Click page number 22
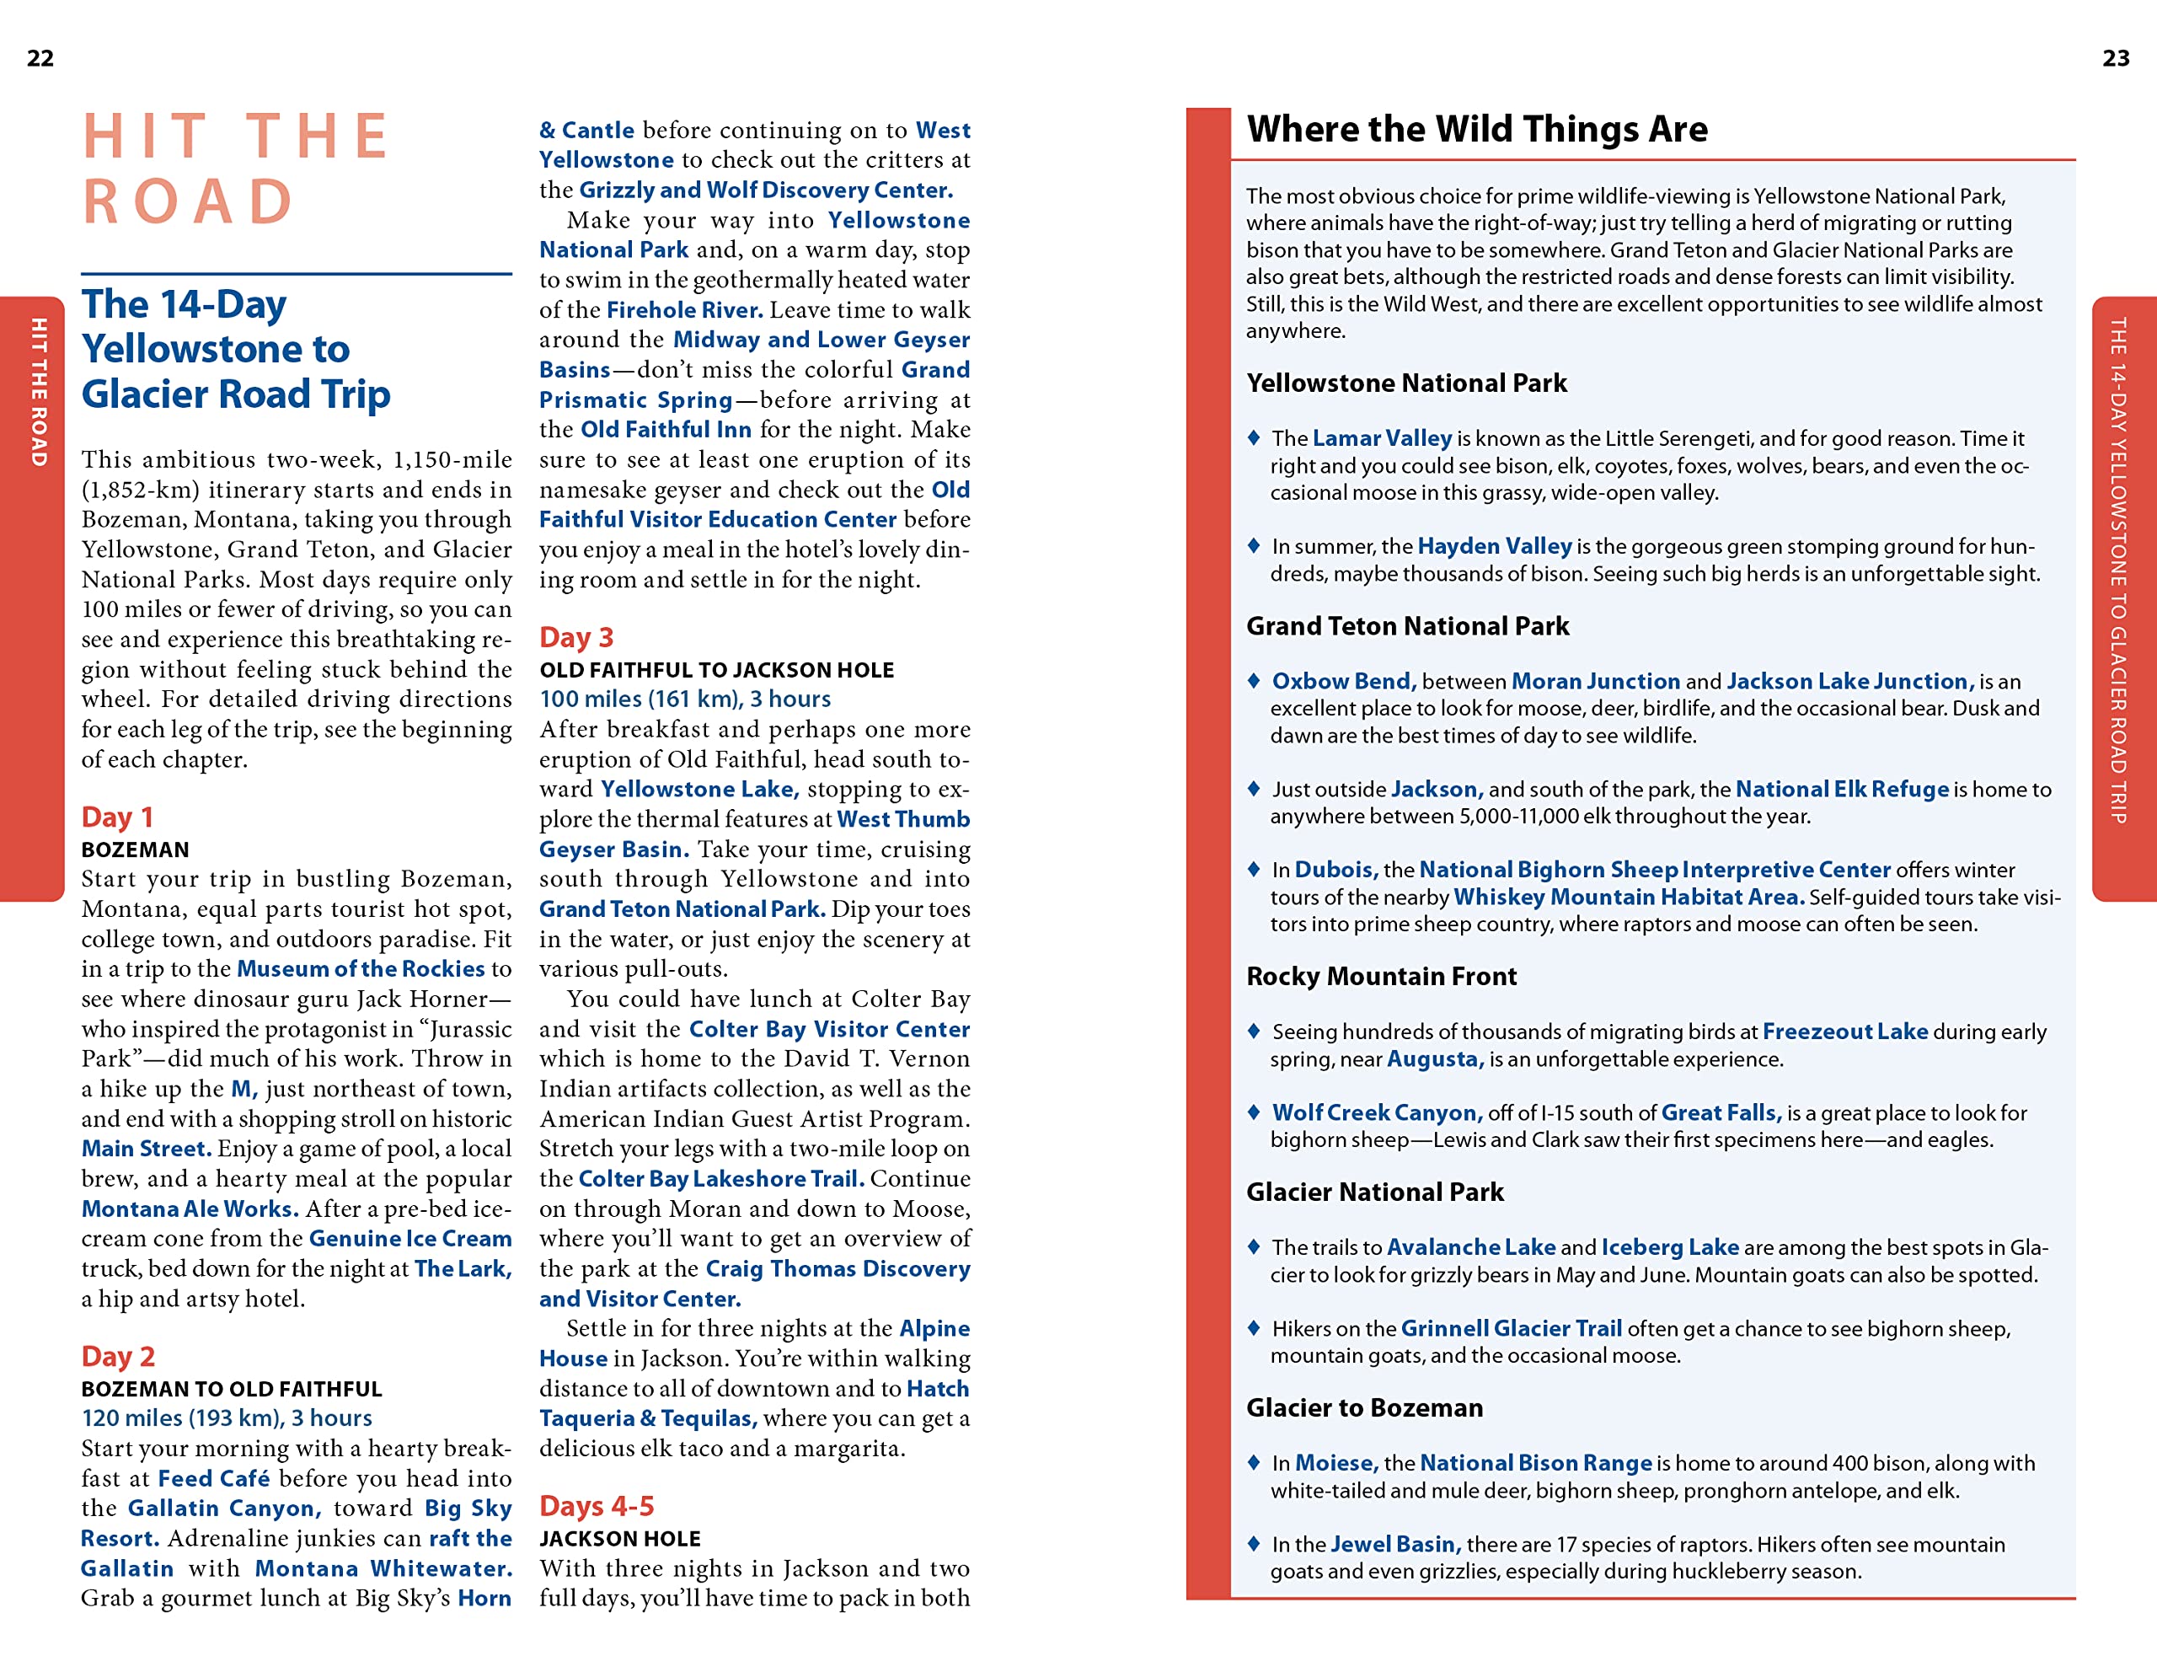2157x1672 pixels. click(40, 58)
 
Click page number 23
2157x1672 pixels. click(2116, 58)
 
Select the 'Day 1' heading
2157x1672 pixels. click(116, 817)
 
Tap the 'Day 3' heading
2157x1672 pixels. click(575, 637)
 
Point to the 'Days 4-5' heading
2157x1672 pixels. click(596, 1505)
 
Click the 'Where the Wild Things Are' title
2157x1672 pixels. click(1476, 130)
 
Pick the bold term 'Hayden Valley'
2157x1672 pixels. click(1493, 545)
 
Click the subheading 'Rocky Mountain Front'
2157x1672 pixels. click(1381, 976)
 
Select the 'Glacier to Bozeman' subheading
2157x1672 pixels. click(1364, 1407)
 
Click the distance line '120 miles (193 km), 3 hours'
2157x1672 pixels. click(226, 1417)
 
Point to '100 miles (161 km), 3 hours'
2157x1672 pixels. click(684, 699)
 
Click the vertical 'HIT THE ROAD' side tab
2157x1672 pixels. click(39, 392)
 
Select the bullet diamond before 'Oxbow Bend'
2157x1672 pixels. click(1253, 679)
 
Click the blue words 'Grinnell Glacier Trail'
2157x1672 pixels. click(1510, 1327)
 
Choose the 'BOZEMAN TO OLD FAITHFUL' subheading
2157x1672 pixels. click(231, 1389)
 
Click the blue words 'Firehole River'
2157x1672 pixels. click(683, 309)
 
